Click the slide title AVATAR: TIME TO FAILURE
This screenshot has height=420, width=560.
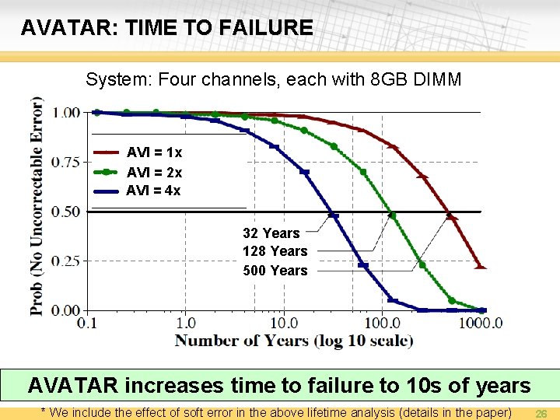pos(166,29)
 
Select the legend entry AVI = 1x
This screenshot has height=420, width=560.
pos(154,152)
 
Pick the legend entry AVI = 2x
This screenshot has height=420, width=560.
pos(154,172)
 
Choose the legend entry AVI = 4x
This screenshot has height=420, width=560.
pos(154,191)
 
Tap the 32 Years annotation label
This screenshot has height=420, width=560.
pos(271,233)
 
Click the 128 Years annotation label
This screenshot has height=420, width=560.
pos(275,251)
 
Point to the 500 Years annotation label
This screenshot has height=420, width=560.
pos(275,271)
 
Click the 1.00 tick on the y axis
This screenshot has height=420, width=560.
pos(66,113)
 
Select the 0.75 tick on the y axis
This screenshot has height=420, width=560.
pos(66,163)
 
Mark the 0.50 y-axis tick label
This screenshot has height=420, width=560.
pos(66,212)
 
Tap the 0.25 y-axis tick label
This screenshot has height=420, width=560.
pos(66,261)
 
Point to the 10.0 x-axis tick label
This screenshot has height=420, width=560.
pos(284,323)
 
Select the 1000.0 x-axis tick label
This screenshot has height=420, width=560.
pos(478,323)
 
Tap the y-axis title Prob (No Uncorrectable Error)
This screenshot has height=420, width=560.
pos(37,206)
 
